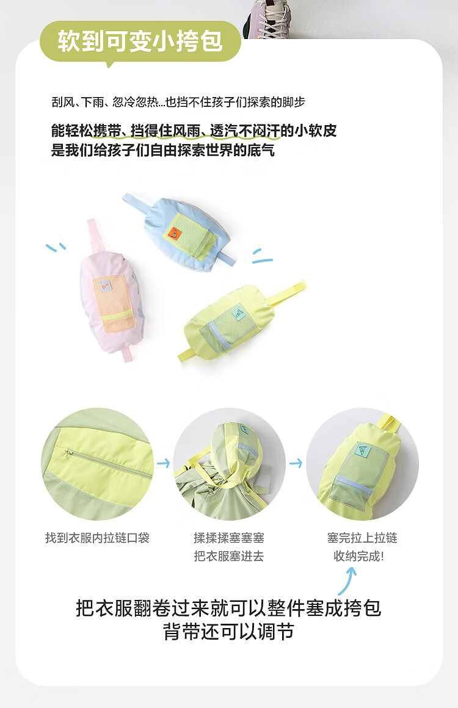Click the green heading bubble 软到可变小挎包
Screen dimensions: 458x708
pyautogui.click(x=140, y=42)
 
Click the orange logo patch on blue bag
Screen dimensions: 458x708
pyautogui.click(x=175, y=233)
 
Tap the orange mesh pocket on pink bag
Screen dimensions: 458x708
pyautogui.click(x=114, y=303)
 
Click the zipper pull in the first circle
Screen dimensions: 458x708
pyautogui.click(x=69, y=452)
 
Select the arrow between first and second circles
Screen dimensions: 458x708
pyautogui.click(x=163, y=463)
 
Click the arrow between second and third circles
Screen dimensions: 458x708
pyautogui.click(x=296, y=463)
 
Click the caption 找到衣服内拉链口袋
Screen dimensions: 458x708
pyautogui.click(x=97, y=538)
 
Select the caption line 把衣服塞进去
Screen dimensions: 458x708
pyautogui.click(x=229, y=556)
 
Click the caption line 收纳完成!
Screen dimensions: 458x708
pyautogui.click(x=359, y=556)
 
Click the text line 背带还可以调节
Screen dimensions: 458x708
pyautogui.click(x=228, y=631)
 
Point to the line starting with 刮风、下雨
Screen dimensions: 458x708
pyautogui.click(x=178, y=102)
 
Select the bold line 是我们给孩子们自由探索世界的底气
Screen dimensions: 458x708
pyautogui.click(x=163, y=150)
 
